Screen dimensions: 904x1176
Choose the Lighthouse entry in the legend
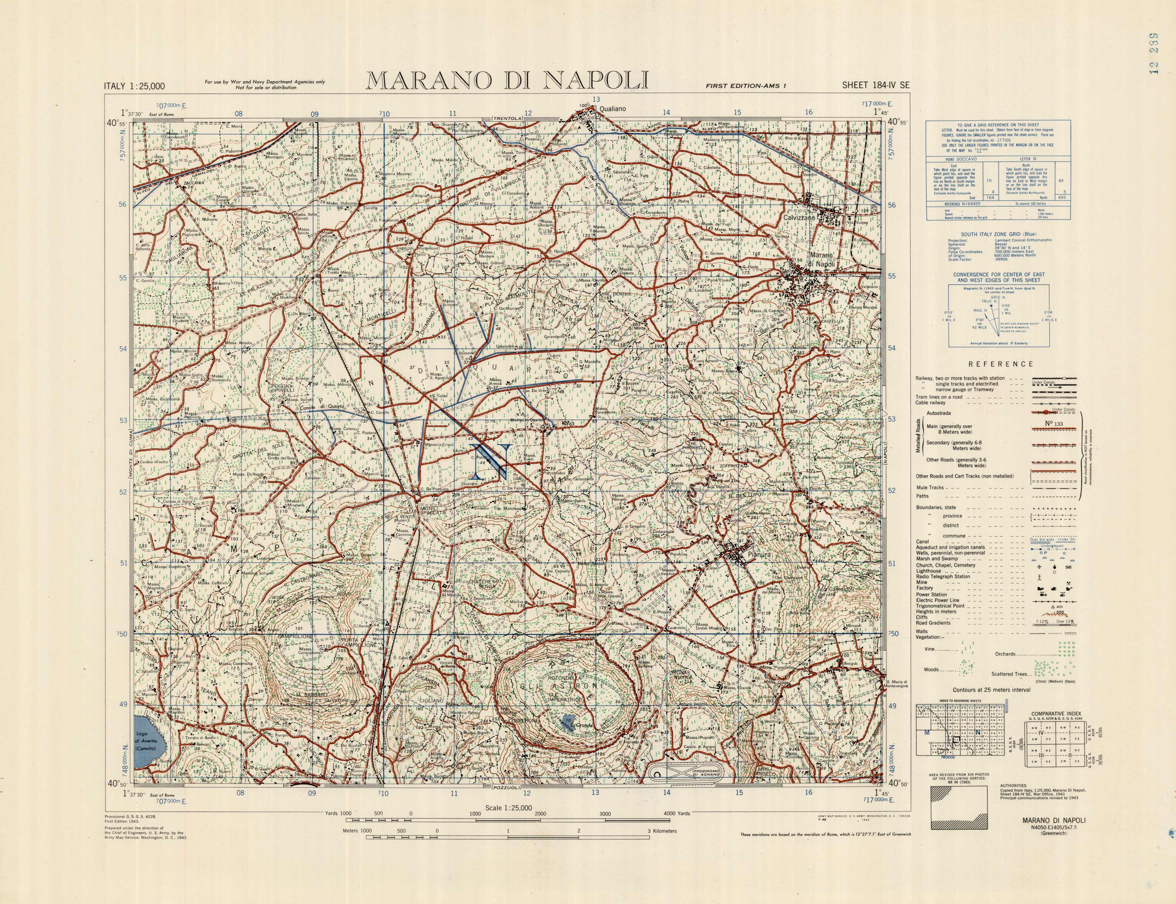click(928, 571)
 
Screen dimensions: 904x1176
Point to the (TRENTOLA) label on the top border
click(507, 119)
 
